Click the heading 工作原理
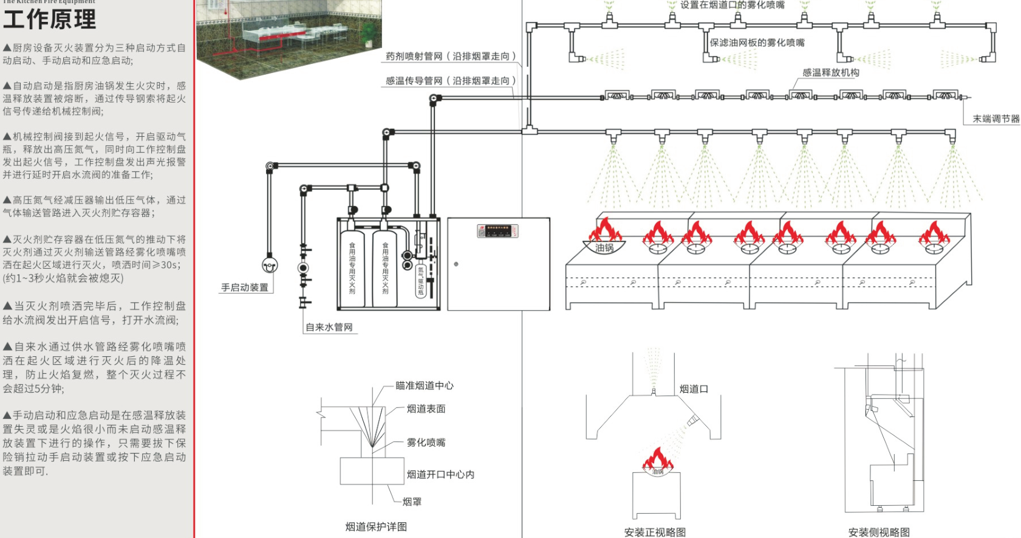pos(50,19)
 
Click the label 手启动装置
pos(244,288)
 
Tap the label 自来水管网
pos(329,327)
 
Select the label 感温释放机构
pos(830,72)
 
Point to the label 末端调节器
pos(996,119)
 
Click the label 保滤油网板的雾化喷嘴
pos(757,43)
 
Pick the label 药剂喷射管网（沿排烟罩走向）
pos(450,56)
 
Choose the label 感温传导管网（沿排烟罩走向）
pos(450,80)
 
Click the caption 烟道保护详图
pos(376,526)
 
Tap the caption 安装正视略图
pos(655,532)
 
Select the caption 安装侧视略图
pos(879,532)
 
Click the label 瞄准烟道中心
pos(424,385)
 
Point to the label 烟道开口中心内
pos(440,474)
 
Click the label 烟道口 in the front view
pos(694,389)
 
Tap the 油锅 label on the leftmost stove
pos(604,248)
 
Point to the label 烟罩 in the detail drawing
pos(412,502)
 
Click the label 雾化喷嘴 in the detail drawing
pos(426,443)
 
